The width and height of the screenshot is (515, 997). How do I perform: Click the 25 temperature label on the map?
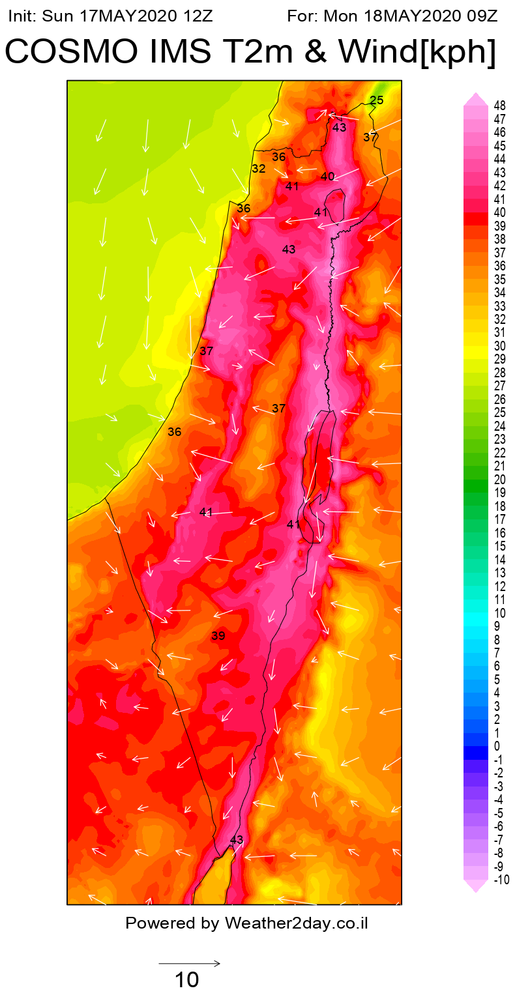(377, 100)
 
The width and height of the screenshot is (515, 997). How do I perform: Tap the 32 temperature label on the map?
(259, 169)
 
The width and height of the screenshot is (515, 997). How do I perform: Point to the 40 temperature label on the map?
(328, 177)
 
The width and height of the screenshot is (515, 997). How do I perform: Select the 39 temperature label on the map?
(218, 636)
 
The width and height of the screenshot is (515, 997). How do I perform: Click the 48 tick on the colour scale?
(500, 106)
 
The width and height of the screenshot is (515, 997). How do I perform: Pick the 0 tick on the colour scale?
(497, 746)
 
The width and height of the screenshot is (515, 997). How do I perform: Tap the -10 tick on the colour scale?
(501, 880)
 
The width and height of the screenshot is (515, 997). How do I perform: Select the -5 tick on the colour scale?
(499, 813)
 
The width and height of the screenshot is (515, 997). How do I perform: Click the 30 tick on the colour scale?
(500, 346)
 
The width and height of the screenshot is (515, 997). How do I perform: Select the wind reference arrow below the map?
(189, 963)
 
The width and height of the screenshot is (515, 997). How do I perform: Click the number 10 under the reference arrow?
(186, 979)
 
